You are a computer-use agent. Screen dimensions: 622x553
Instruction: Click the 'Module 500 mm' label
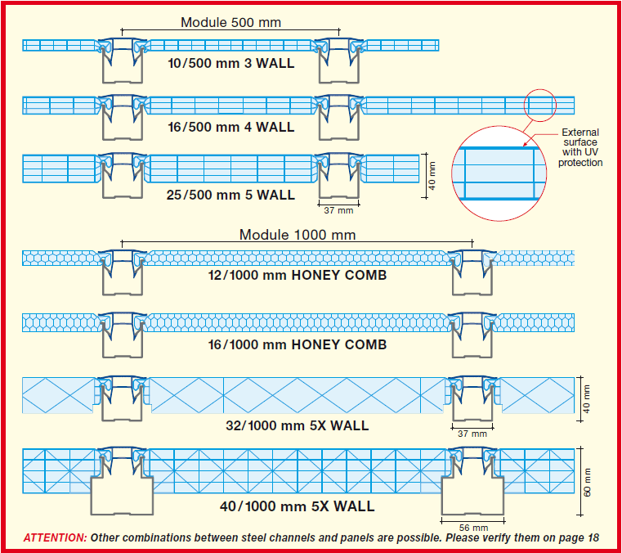(x=230, y=22)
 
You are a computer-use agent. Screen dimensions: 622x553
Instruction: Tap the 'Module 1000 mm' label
(x=298, y=235)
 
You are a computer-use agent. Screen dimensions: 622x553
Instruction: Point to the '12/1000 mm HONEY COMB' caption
(x=297, y=275)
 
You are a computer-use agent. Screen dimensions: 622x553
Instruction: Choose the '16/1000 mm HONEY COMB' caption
(x=297, y=344)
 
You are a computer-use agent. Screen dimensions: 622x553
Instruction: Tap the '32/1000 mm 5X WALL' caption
(x=297, y=425)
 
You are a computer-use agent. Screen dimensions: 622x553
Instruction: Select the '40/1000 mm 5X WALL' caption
(x=297, y=506)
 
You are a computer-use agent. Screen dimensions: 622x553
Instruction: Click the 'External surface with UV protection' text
(x=580, y=147)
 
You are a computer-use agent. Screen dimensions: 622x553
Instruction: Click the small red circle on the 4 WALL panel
(x=539, y=105)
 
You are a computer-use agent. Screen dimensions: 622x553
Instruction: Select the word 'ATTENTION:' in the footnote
(x=55, y=537)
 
